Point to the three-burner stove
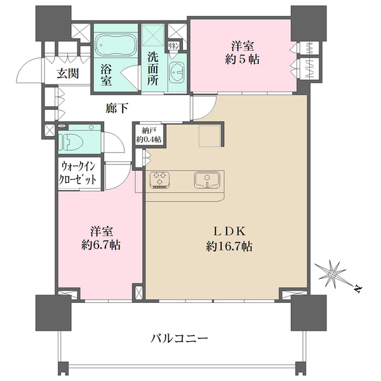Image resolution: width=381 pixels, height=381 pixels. (x=160, y=180)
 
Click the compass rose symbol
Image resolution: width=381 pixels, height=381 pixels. (x=334, y=274)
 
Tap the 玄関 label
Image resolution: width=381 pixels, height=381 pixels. (x=67, y=72)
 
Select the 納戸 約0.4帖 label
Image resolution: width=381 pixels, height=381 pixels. (x=148, y=135)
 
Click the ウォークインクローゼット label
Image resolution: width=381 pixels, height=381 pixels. (x=79, y=173)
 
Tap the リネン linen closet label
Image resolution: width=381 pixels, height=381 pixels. (x=174, y=46)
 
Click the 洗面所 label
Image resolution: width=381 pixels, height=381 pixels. (x=153, y=69)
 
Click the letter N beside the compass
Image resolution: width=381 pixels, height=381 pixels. (x=357, y=290)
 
